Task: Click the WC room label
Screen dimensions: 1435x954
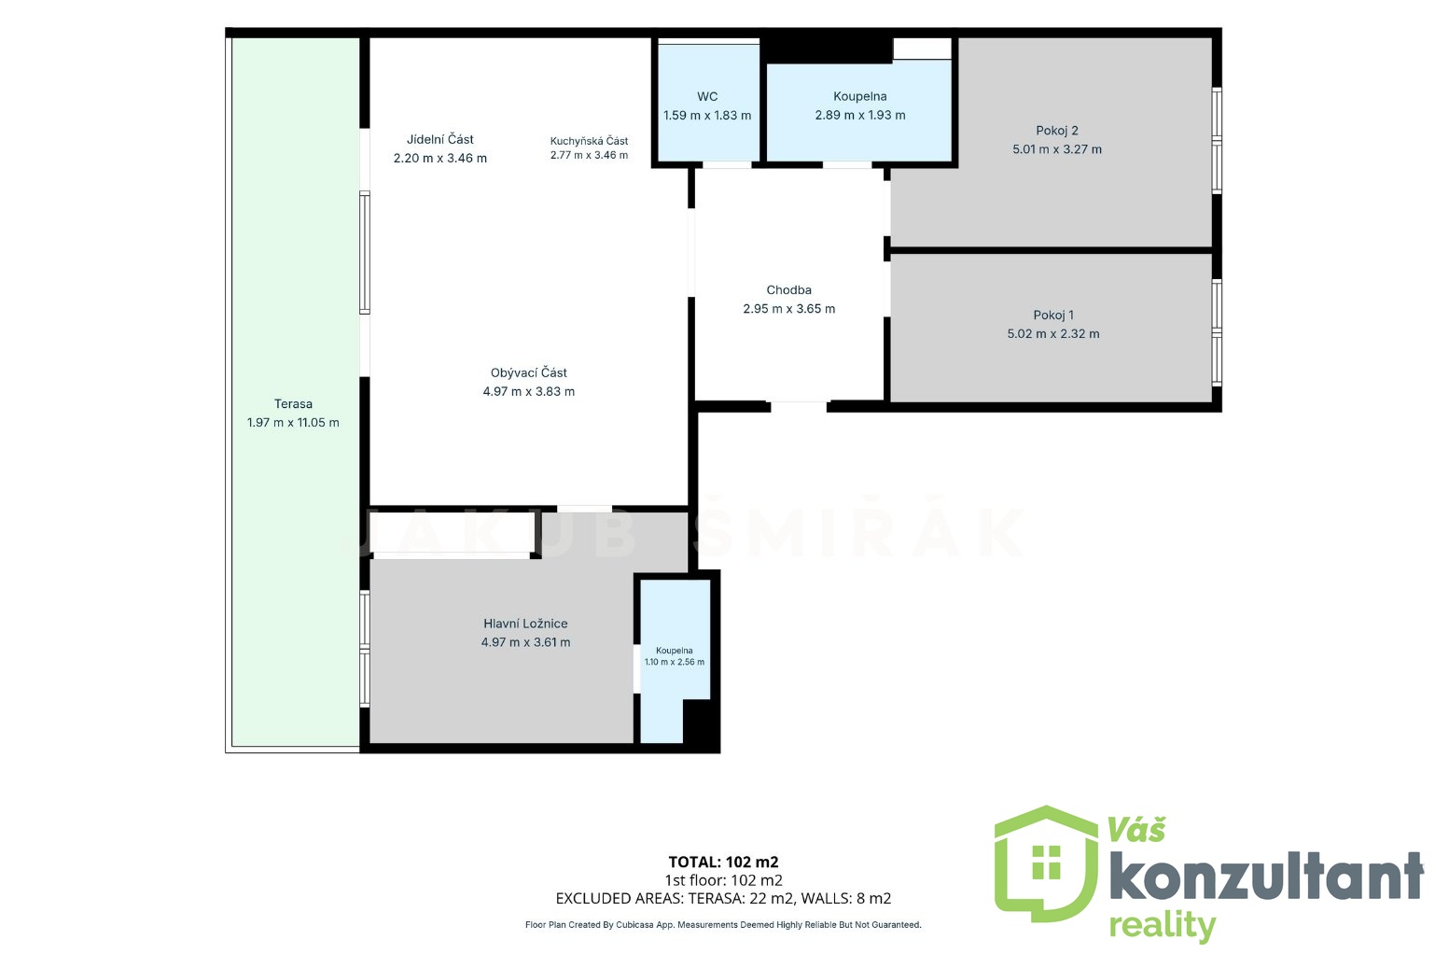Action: [707, 97]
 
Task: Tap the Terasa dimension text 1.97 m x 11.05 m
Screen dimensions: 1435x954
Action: [293, 423]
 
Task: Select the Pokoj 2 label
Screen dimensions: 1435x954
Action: [1057, 131]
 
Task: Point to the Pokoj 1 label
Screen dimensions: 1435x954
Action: [1053, 316]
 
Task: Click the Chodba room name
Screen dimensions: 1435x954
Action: [788, 289]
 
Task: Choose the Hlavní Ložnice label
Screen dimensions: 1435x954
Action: [525, 624]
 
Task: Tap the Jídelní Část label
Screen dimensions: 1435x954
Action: [440, 139]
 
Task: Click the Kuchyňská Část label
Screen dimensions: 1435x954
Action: [590, 141]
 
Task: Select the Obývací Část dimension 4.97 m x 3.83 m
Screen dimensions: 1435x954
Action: [528, 392]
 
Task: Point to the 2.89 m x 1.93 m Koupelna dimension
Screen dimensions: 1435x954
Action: [860, 116]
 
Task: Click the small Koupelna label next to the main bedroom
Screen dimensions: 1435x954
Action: [674, 650]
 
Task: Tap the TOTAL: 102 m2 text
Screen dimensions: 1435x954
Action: [723, 863]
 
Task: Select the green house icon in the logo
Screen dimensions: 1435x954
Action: [1046, 866]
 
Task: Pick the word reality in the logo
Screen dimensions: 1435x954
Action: [1163, 926]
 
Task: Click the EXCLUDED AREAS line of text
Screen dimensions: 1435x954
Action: [723, 899]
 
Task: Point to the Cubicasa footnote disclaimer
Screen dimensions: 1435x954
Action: [723, 925]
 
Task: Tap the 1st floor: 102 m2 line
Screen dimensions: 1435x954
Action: [723, 881]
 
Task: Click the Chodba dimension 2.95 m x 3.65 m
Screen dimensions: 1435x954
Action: [788, 309]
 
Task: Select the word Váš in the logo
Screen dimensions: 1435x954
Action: [1137, 830]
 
